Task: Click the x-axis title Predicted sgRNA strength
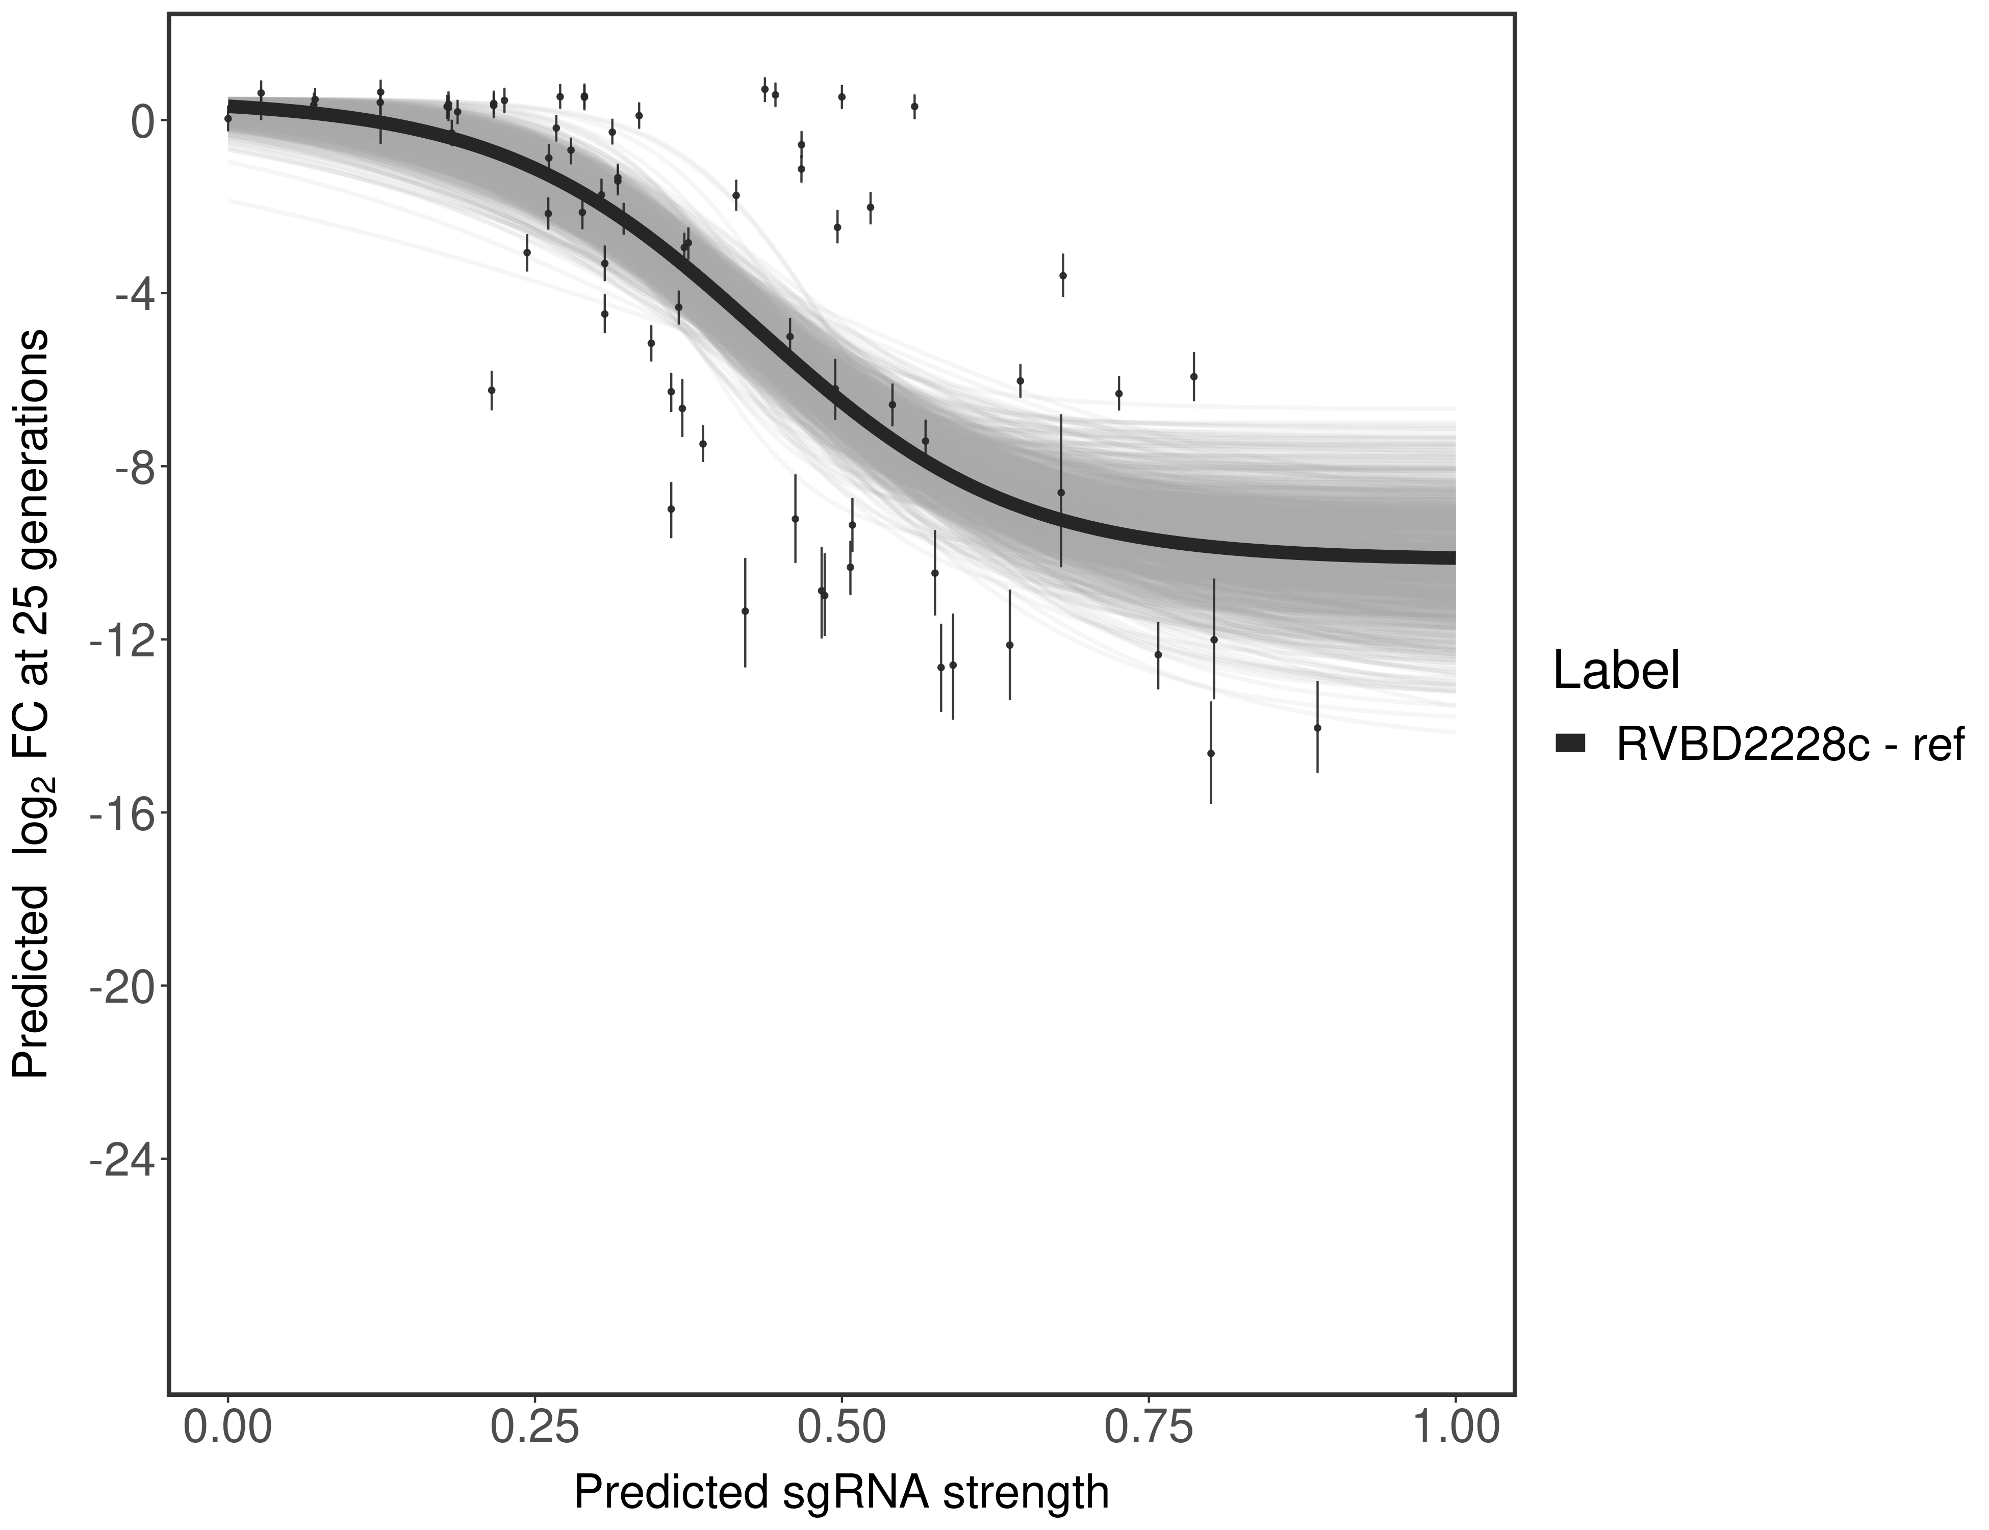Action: (x=841, y=1494)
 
